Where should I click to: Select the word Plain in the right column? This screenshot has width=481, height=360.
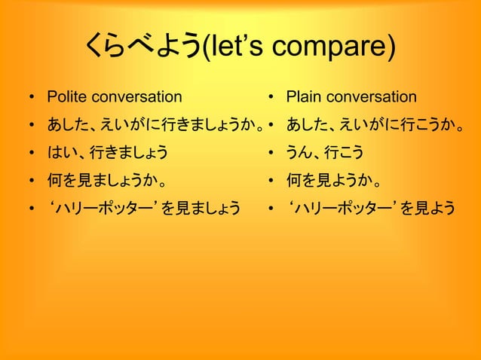tap(302, 97)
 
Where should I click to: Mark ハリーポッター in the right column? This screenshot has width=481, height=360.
tap(341, 206)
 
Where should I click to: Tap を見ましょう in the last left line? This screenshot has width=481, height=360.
tap(205, 206)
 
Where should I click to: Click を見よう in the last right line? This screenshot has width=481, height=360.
tap(427, 206)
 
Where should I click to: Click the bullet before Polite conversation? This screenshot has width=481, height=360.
tap(31, 98)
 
